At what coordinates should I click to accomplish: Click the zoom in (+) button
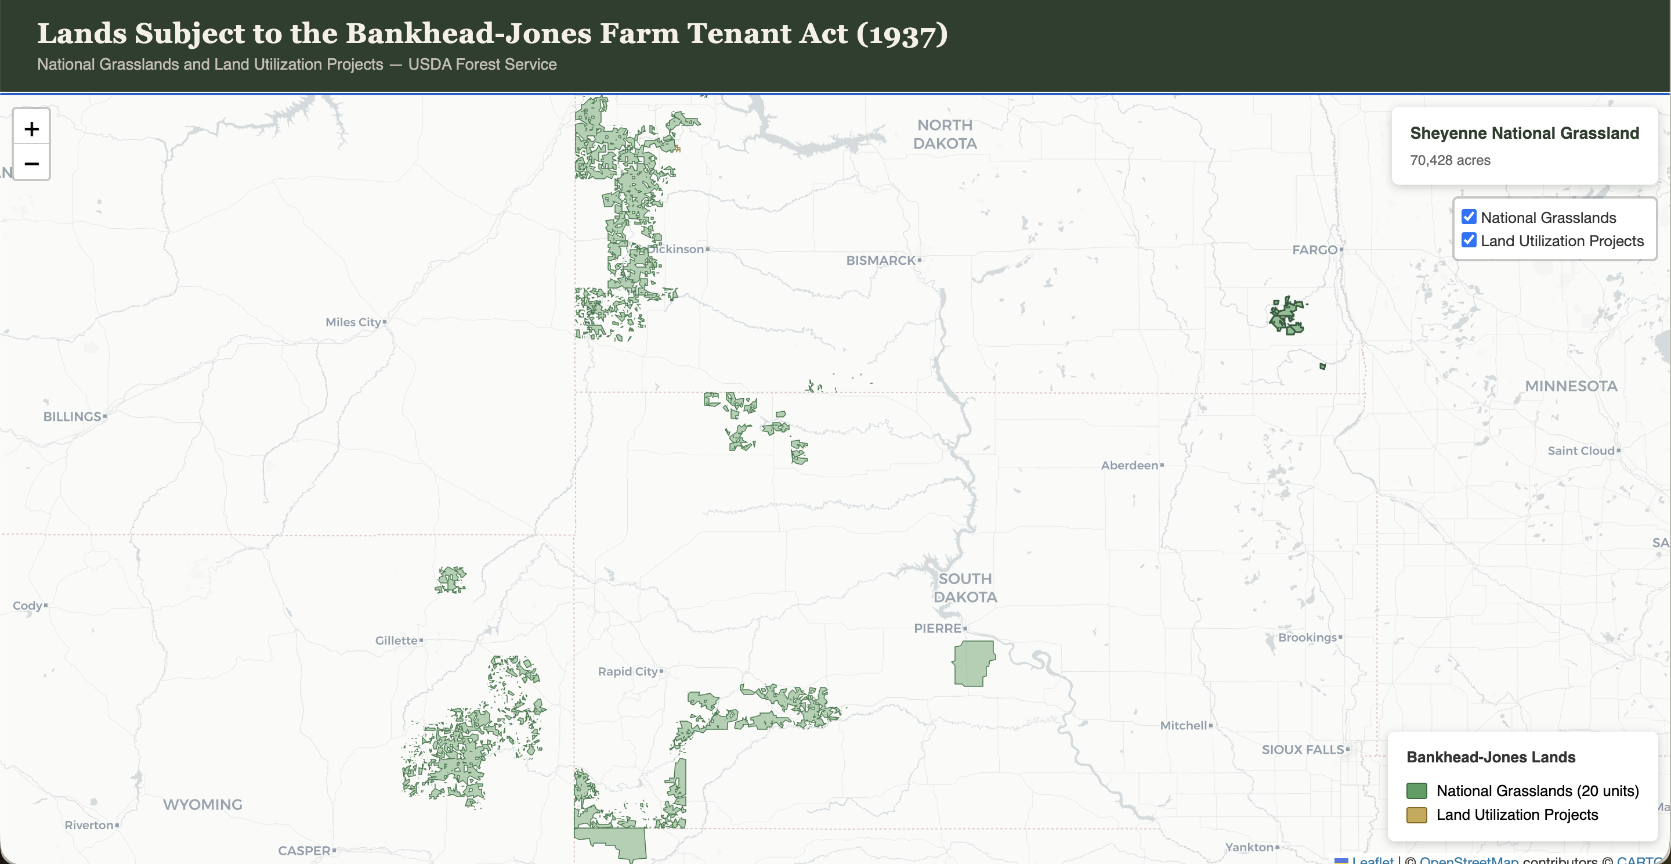(x=31, y=128)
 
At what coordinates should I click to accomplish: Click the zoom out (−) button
(x=31, y=163)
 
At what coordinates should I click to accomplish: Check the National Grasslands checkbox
(x=1469, y=217)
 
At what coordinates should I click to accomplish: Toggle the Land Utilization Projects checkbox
(x=1469, y=240)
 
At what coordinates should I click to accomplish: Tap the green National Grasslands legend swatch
(x=1416, y=791)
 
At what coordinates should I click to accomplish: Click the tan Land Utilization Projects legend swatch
(x=1416, y=815)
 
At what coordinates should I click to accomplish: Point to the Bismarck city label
(x=880, y=260)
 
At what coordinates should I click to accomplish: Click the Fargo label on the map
(x=1314, y=250)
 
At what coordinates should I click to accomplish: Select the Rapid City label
(x=627, y=671)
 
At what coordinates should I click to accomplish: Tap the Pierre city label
(x=938, y=628)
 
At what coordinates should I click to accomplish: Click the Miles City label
(x=353, y=322)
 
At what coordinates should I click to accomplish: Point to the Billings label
(x=72, y=416)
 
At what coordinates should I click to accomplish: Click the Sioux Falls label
(x=1303, y=749)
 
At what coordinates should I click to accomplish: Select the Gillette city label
(x=396, y=640)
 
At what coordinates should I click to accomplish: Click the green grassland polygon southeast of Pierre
(x=973, y=664)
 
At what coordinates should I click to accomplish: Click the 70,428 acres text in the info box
(x=1450, y=160)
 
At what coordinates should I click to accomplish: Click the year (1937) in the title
(x=902, y=34)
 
